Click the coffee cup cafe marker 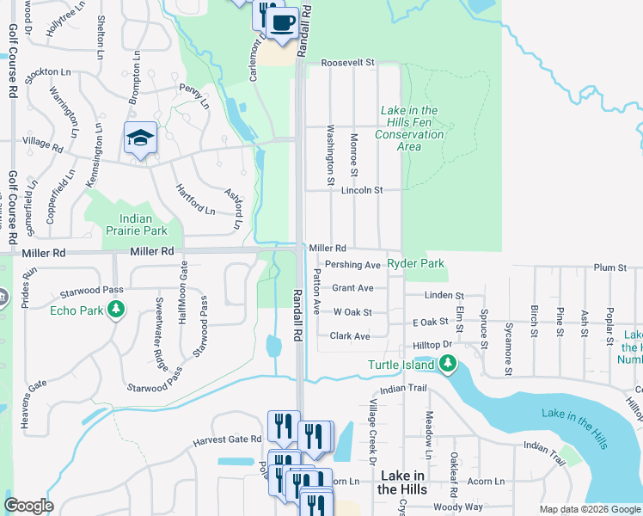[282, 22]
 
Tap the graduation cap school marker [140, 138]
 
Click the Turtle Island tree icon [447, 365]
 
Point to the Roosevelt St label [349, 63]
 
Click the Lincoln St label [361, 190]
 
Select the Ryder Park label [416, 263]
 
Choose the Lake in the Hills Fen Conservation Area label [410, 128]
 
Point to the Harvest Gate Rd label [227, 439]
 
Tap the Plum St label [609, 267]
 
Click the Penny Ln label [194, 89]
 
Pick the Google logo [28, 506]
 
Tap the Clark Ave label [350, 336]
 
